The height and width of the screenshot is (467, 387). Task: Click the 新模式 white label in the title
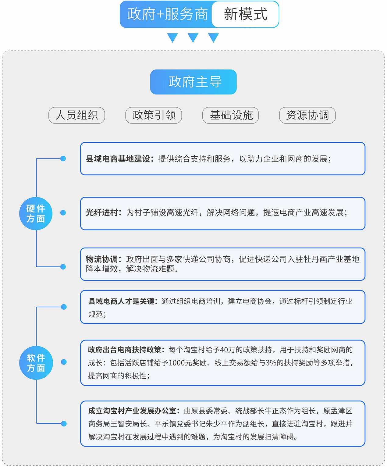[x=245, y=14]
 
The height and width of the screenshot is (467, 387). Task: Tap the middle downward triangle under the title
[x=193, y=37]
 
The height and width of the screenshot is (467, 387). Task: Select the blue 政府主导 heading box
[x=193, y=82]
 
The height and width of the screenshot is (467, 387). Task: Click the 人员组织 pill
[x=77, y=115]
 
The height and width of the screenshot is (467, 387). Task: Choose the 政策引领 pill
[x=154, y=115]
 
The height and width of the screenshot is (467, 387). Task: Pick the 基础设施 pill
[x=230, y=115]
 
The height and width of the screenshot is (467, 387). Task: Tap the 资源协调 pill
[x=307, y=115]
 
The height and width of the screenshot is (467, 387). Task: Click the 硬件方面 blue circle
[x=36, y=214]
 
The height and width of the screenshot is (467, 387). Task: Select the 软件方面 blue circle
[x=36, y=363]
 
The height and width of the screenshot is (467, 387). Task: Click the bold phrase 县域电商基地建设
[x=118, y=159]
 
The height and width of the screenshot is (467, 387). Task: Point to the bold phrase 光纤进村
[x=102, y=212]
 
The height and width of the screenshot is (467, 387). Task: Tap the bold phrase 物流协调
[x=102, y=259]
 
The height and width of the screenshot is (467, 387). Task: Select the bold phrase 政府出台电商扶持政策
[x=124, y=350]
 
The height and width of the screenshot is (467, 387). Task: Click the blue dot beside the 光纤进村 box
[x=63, y=213]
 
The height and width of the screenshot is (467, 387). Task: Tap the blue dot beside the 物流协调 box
[x=63, y=267]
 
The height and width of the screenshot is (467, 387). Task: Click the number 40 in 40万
[x=224, y=350]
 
